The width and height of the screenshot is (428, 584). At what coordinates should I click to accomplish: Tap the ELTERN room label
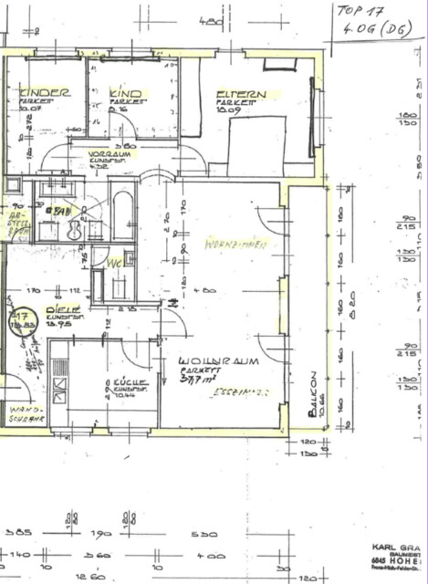240,95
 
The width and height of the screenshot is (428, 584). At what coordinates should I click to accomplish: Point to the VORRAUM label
107,154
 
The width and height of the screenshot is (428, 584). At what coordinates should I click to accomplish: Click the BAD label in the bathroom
61,212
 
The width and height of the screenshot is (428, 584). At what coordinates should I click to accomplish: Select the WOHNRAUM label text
219,361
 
